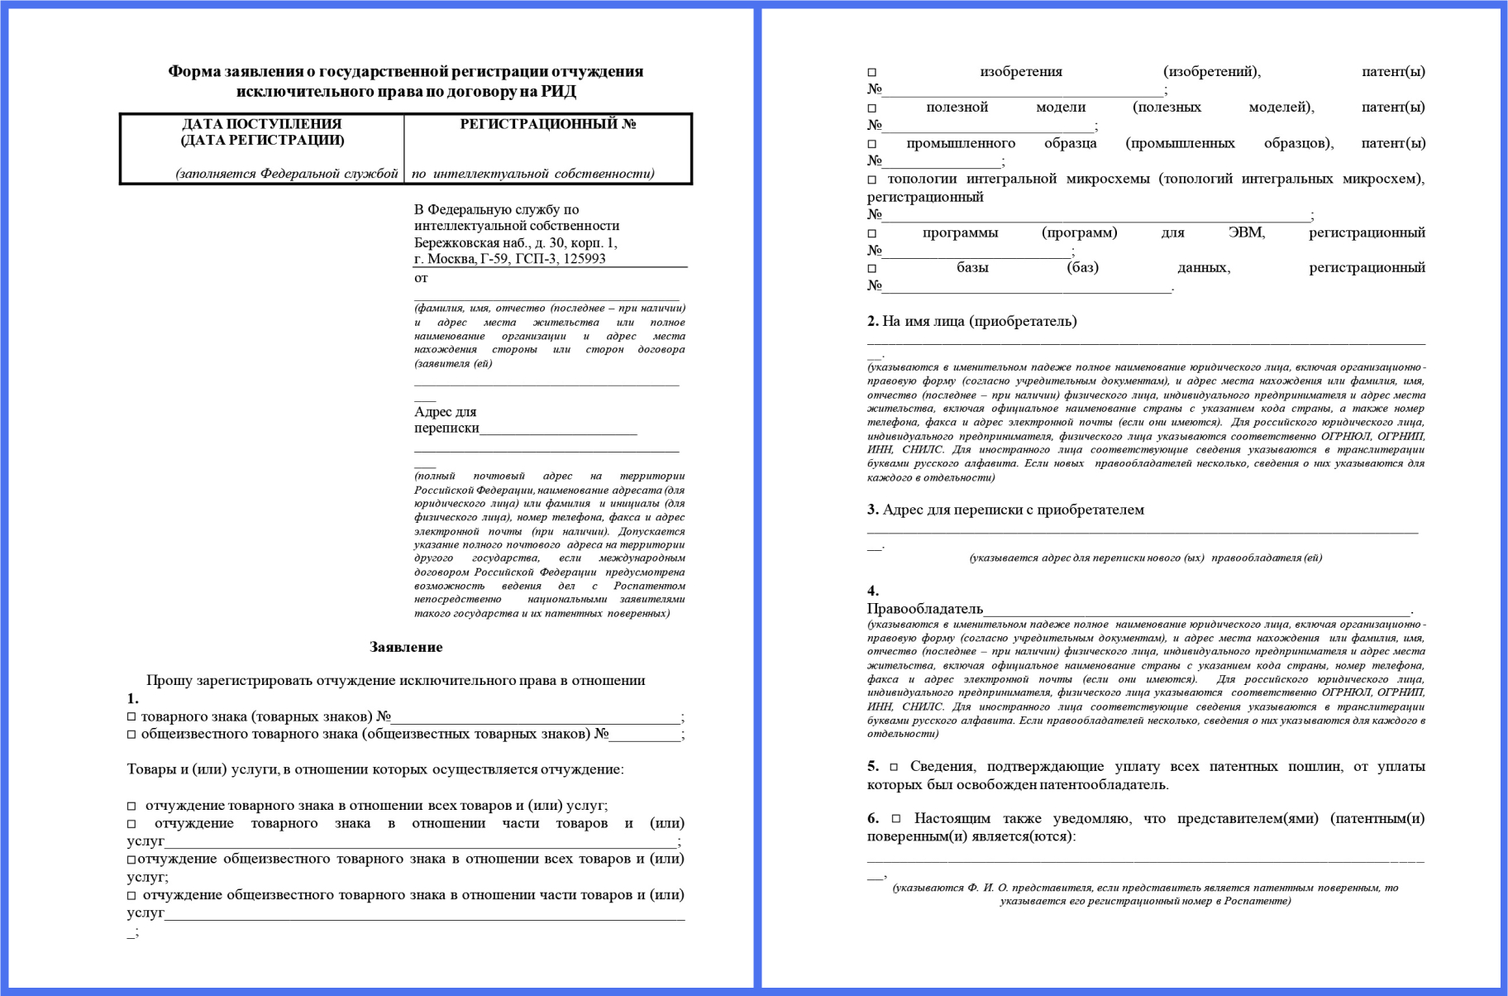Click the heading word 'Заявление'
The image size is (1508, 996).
point(406,647)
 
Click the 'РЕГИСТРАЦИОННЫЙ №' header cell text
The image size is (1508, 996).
point(547,124)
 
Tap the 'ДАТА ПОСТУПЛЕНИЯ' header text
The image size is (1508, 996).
point(261,124)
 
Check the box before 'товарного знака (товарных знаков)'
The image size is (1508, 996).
point(131,716)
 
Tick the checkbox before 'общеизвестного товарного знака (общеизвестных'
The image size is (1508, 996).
point(131,735)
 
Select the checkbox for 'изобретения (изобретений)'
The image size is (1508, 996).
point(871,73)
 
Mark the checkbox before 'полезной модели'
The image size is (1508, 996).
point(871,108)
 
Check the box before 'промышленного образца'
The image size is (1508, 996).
point(871,144)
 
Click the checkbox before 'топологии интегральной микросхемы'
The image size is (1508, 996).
point(871,180)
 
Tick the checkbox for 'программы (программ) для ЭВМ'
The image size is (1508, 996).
point(871,234)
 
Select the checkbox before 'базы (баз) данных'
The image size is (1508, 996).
point(871,269)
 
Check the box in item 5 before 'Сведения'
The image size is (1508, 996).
point(894,767)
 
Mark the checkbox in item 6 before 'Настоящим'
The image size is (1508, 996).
point(896,819)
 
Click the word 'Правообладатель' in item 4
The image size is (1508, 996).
point(924,609)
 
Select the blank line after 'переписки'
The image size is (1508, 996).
point(558,429)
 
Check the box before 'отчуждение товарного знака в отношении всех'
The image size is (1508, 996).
point(131,806)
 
